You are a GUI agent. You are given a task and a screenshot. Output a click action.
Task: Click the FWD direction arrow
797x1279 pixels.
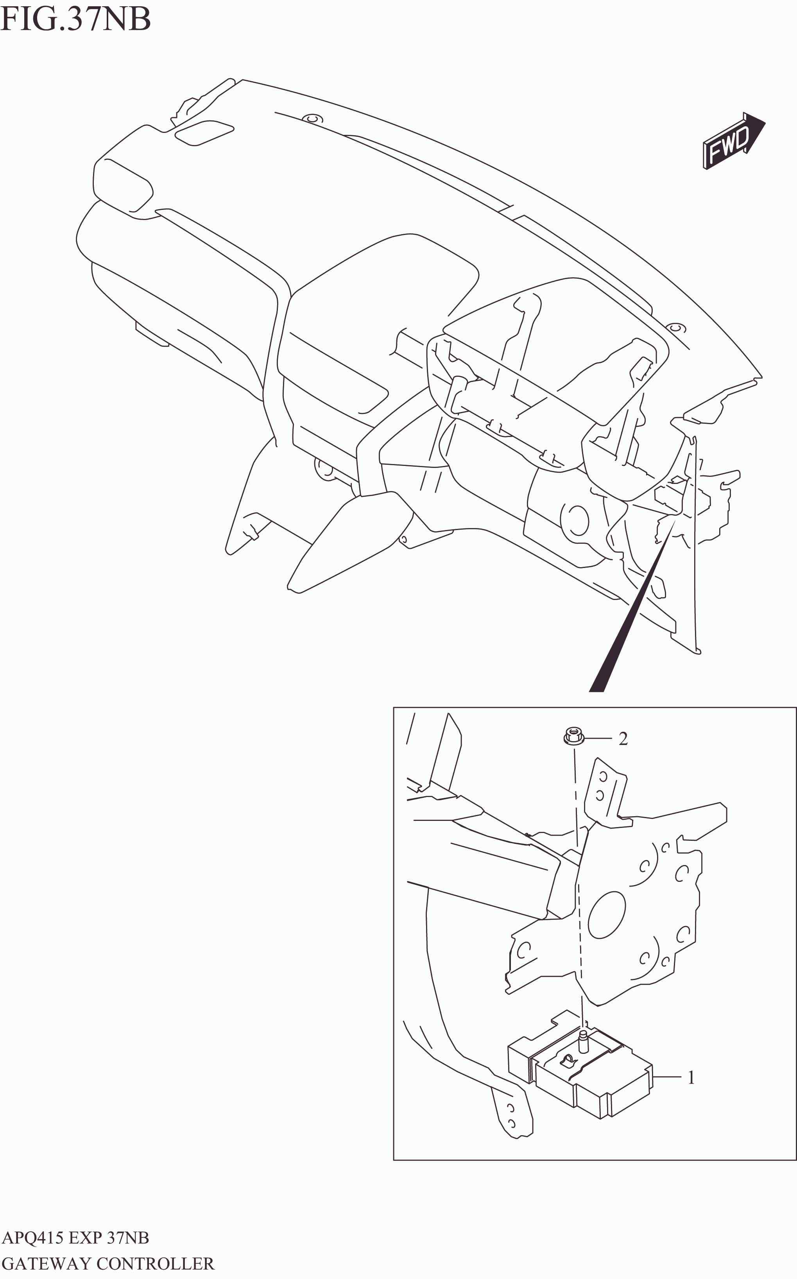click(x=733, y=141)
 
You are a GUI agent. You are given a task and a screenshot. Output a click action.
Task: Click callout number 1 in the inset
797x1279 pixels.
click(x=691, y=1078)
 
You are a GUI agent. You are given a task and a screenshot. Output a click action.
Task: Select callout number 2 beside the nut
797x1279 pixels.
click(x=623, y=739)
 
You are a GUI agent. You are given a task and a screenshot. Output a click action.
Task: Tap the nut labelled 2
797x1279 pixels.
click(x=573, y=736)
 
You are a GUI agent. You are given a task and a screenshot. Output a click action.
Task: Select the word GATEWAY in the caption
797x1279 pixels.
click(x=47, y=1264)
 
